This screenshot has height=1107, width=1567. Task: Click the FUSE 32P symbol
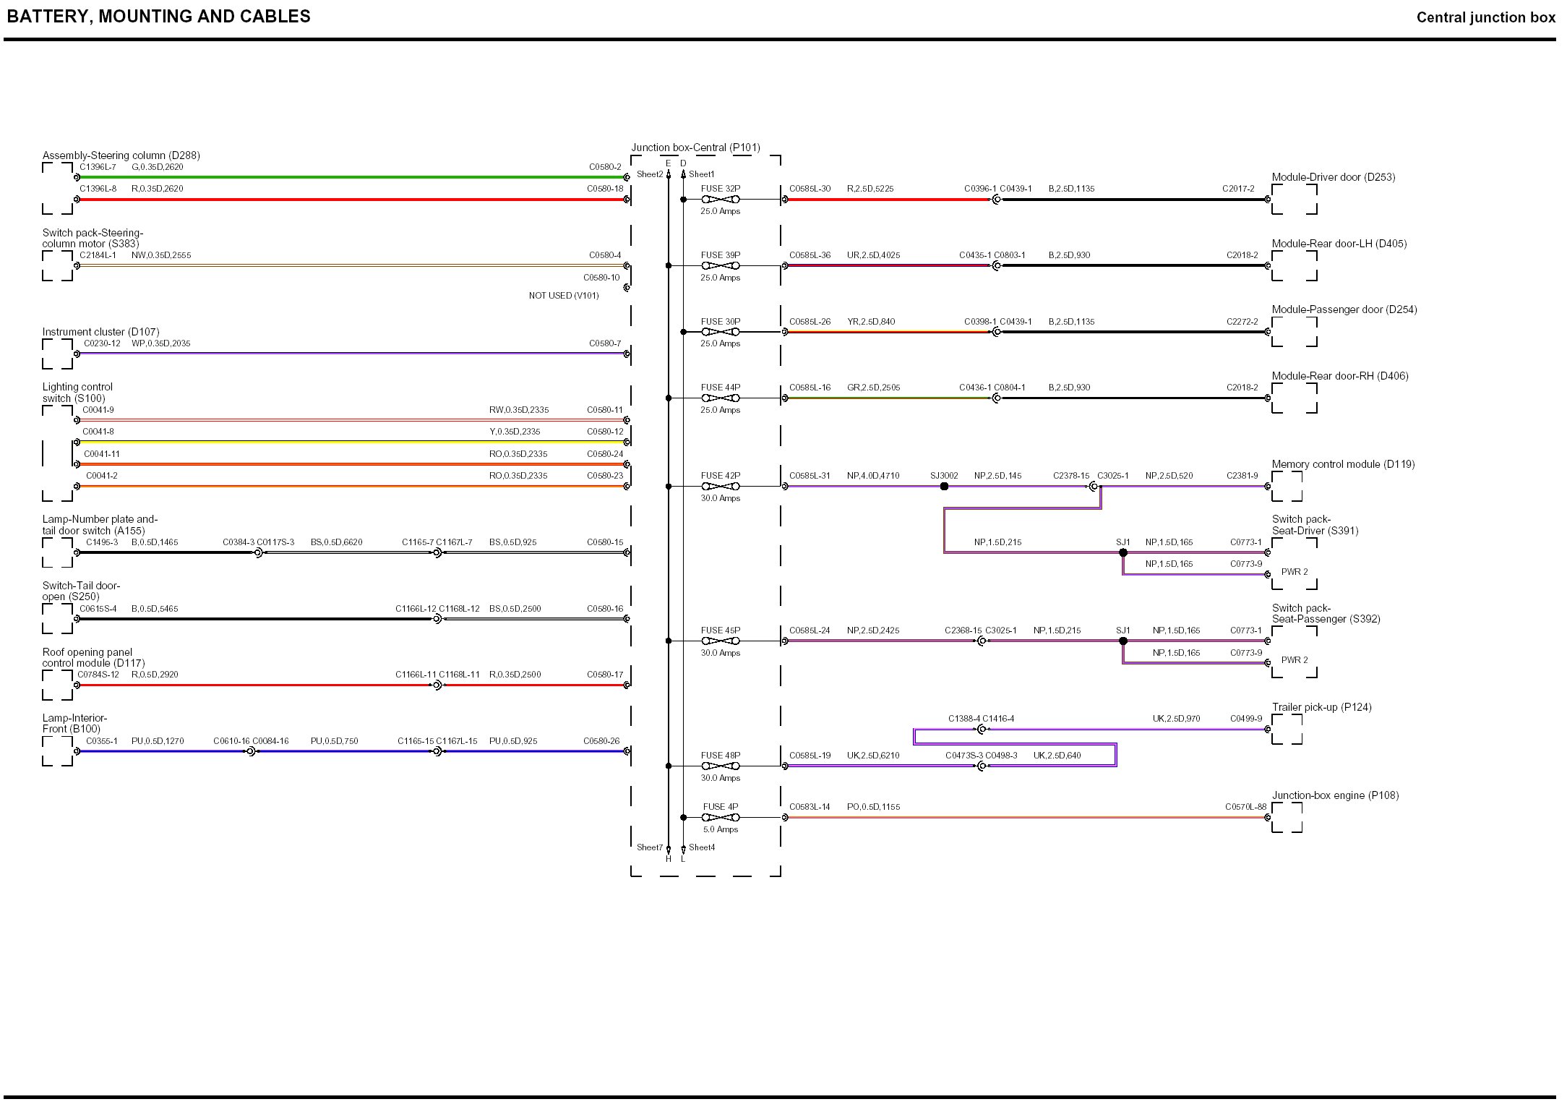[x=720, y=200]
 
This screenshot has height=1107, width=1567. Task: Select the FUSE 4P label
[x=720, y=807]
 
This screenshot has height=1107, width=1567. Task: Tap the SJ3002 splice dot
[x=944, y=487]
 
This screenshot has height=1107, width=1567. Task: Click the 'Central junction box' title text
[x=1485, y=17]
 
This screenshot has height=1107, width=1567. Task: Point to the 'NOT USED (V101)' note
[x=563, y=296]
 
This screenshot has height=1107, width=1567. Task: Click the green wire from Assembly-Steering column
[x=347, y=177]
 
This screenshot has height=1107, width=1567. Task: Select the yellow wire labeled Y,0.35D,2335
[x=347, y=442]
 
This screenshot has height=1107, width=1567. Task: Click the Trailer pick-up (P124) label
[x=1321, y=707]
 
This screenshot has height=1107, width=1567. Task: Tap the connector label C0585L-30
[x=810, y=189]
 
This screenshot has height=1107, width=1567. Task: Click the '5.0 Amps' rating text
[x=720, y=829]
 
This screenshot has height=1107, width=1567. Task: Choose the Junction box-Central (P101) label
[x=695, y=148]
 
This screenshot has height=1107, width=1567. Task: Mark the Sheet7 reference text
[x=649, y=847]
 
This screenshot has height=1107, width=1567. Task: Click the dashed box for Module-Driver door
[x=1294, y=200]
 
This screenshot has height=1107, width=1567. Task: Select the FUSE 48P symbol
[x=720, y=766]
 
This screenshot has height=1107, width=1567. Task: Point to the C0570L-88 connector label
[x=1245, y=807]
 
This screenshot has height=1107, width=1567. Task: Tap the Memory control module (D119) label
[x=1343, y=464]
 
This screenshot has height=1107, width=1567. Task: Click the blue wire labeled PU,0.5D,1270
[x=159, y=752]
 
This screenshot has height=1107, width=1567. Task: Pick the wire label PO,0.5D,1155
[x=873, y=807]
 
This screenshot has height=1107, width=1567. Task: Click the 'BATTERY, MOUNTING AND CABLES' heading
[x=159, y=17]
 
